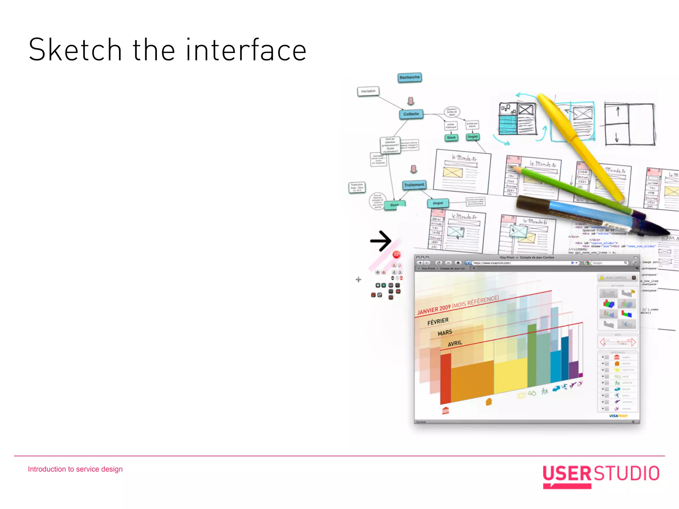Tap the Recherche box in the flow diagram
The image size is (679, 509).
[409, 78]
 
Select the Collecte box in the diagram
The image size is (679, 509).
[411, 114]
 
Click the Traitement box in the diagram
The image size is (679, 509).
[414, 185]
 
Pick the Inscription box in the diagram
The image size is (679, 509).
[368, 91]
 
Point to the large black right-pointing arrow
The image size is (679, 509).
[381, 241]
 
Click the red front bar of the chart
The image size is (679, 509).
[446, 378]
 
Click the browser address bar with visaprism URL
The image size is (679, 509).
[521, 263]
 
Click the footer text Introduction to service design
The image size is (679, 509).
[75, 469]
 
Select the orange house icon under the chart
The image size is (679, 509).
[489, 402]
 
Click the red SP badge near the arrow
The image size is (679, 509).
[397, 254]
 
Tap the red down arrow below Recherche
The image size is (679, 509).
[411, 101]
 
